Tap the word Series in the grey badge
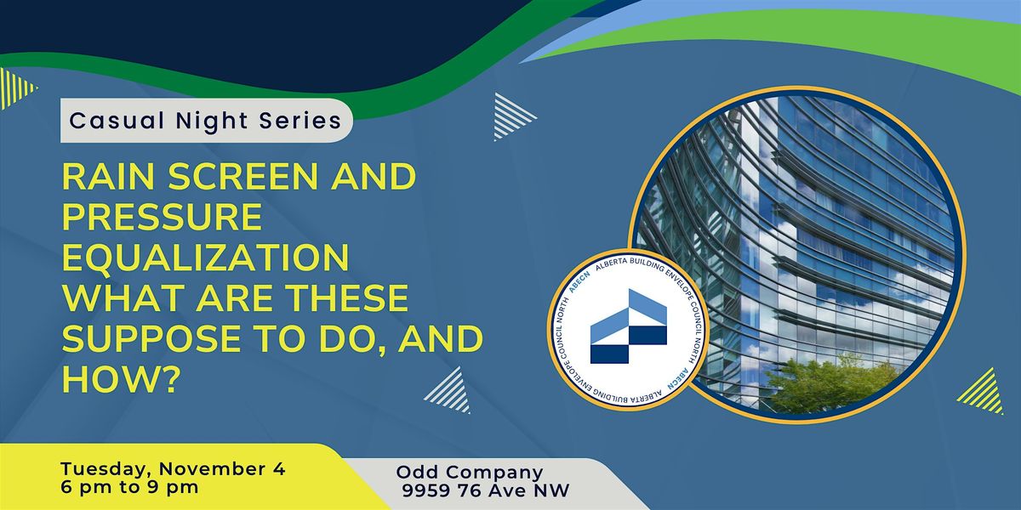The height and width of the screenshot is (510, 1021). coord(300,121)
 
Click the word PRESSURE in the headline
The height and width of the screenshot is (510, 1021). coord(163,217)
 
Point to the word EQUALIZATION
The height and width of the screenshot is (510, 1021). coord(206,258)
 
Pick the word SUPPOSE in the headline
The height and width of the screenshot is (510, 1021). coord(151,338)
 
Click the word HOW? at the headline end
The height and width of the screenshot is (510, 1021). coord(119,379)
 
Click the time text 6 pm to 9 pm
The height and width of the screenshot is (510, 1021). coord(130,488)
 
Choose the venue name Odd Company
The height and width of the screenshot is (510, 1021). coord(470,473)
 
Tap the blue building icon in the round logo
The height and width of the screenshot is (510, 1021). coord(629,326)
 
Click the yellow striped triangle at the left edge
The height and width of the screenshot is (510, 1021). coord(17,88)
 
